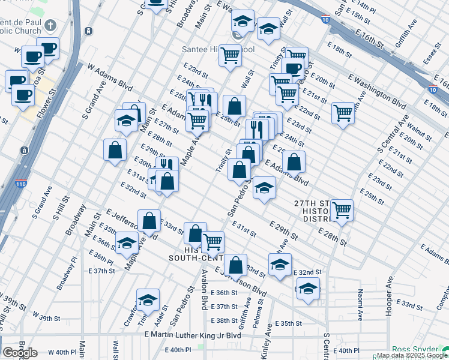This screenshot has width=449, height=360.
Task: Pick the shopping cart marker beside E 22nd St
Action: pos(343,112)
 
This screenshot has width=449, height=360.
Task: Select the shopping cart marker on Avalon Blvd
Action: pos(212,242)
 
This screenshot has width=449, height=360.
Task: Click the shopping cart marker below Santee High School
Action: pos(231,55)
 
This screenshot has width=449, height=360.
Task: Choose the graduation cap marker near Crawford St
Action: pos(148,300)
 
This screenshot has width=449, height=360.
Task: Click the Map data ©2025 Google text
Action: pos(411,355)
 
